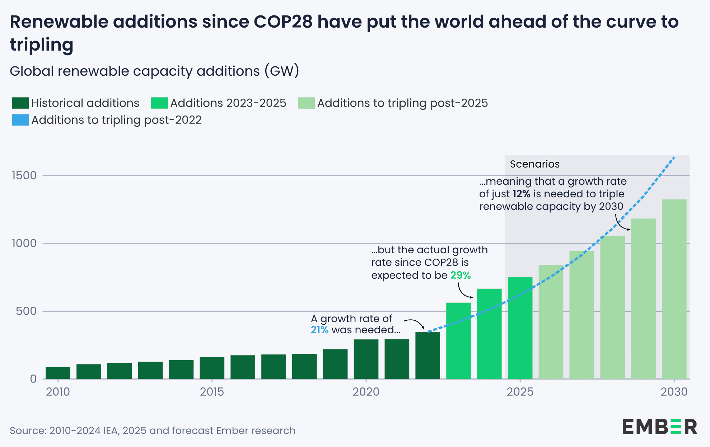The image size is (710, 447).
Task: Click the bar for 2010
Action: [58, 373]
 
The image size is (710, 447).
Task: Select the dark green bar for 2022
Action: [428, 355]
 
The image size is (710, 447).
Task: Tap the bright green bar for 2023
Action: [458, 341]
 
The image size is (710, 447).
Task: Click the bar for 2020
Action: [366, 359]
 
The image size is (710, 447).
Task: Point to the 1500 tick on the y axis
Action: [24, 175]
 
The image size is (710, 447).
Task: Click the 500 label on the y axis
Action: [26, 311]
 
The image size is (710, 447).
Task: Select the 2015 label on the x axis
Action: [212, 391]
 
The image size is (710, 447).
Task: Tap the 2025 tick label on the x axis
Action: [520, 391]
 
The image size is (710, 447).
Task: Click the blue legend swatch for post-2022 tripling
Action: [20, 120]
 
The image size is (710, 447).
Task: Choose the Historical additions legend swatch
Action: [20, 103]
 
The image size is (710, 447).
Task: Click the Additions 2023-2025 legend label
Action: [228, 103]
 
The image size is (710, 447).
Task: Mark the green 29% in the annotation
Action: [460, 275]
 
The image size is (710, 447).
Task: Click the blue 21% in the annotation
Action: [319, 330]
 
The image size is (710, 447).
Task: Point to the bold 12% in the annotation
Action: [521, 194]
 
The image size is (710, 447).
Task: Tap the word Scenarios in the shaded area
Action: [534, 164]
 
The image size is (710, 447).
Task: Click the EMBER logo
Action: [659, 427]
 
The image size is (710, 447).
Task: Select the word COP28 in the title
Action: [283, 22]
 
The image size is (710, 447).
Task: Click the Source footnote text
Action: [153, 430]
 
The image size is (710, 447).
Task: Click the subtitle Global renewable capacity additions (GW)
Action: [154, 71]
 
